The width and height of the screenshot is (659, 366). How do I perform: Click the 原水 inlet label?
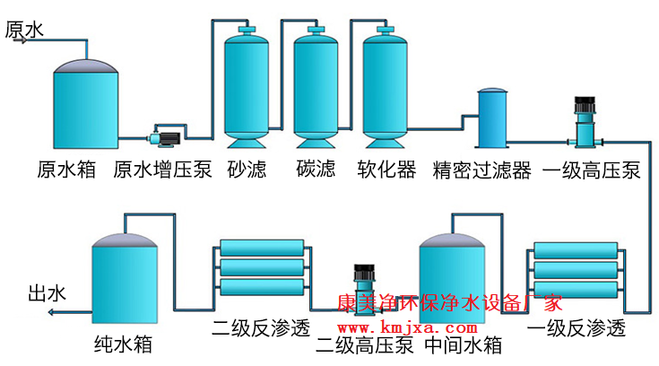(x=24, y=30)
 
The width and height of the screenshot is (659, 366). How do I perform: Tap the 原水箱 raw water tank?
(x=87, y=103)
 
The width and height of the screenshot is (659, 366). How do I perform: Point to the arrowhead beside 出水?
(x=53, y=312)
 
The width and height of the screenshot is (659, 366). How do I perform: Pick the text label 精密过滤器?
(x=481, y=170)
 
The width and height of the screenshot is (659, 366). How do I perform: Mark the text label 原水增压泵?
(x=162, y=170)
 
